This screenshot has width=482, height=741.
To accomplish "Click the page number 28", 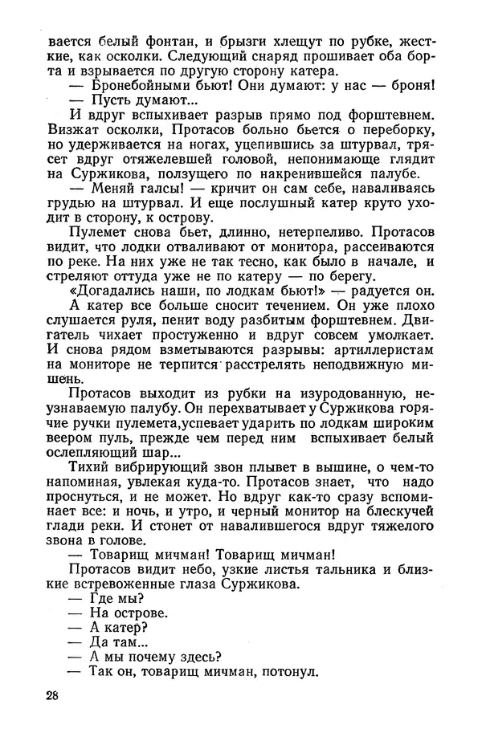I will (55, 695).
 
